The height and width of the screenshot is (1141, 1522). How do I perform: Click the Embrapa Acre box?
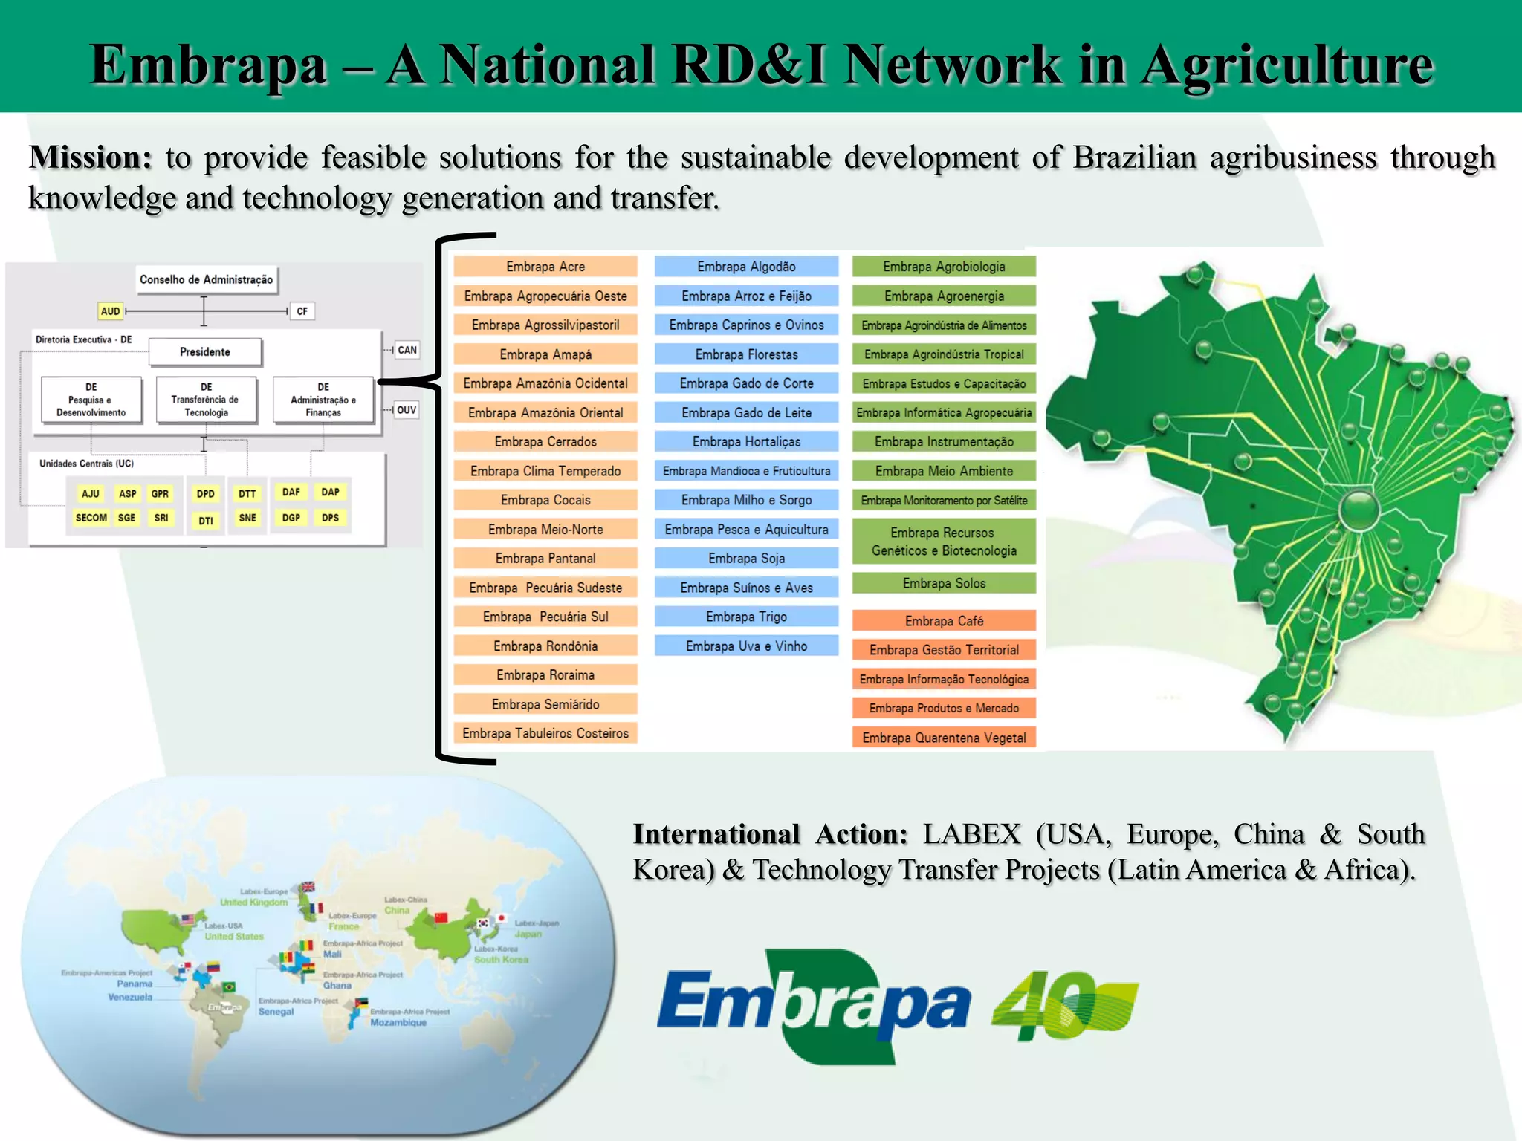[545, 267]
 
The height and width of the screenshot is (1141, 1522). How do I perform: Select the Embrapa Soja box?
[746, 559]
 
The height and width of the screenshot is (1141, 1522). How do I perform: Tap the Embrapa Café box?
[944, 621]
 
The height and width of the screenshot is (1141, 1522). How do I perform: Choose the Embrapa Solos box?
[944, 584]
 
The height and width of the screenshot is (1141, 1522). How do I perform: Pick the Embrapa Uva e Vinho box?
[746, 646]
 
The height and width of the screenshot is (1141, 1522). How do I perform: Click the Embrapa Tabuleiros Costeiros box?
[545, 734]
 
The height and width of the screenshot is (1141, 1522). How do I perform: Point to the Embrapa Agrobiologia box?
[944, 267]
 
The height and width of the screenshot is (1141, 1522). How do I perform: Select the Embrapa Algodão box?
[746, 267]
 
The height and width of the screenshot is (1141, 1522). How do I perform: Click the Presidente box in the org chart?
[205, 352]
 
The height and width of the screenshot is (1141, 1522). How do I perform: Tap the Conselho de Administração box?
[206, 280]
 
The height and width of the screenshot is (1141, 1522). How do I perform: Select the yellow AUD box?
[110, 311]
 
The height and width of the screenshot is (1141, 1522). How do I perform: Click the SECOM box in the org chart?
[91, 518]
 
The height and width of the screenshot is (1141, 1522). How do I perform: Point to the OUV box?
[407, 410]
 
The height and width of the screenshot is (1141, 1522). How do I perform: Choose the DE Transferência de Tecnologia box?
[206, 400]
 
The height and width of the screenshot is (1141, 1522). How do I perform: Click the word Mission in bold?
[90, 157]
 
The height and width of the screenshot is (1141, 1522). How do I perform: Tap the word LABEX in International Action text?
[972, 835]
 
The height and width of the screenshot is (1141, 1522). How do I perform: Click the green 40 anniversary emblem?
[1064, 1005]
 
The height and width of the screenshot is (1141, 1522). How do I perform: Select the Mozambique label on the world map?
[398, 1023]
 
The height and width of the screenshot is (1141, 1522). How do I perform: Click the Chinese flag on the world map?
[441, 917]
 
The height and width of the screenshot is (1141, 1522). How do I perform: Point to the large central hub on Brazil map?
[1359, 510]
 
